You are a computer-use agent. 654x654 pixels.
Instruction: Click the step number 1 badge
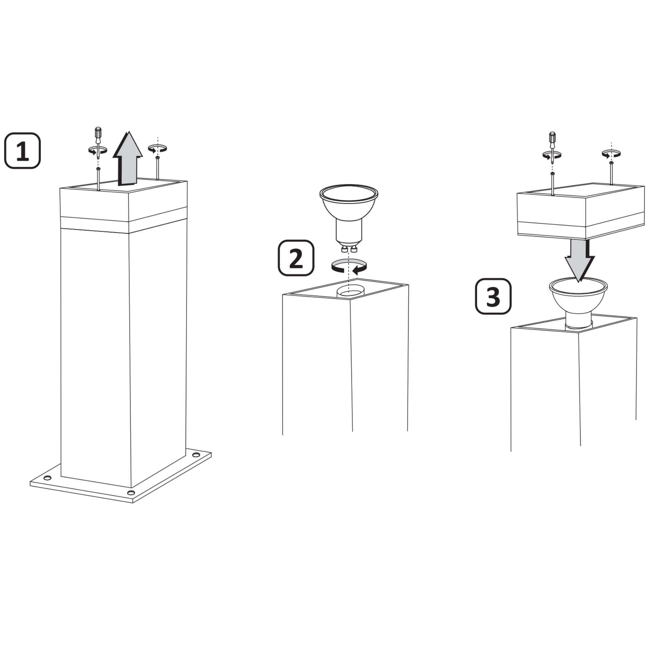click(x=22, y=151)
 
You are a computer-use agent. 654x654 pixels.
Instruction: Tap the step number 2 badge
click(x=296, y=258)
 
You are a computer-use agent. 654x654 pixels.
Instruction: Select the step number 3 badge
click(x=493, y=297)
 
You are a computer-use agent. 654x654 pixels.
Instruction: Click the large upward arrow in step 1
click(x=128, y=159)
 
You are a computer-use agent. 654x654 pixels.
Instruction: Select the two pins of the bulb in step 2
click(x=349, y=250)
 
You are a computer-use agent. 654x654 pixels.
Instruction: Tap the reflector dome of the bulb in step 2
click(x=349, y=202)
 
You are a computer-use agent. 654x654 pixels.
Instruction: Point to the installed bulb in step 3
click(x=578, y=303)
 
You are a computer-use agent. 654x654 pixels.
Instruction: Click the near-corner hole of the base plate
click(x=131, y=492)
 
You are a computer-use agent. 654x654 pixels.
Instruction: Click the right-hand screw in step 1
click(x=157, y=167)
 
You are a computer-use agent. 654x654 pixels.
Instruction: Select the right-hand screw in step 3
click(x=611, y=173)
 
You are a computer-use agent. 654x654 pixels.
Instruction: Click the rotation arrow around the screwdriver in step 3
click(x=552, y=155)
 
